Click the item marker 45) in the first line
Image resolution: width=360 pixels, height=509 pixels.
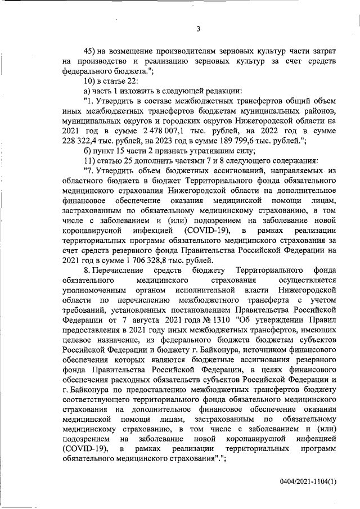coord(89,50)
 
